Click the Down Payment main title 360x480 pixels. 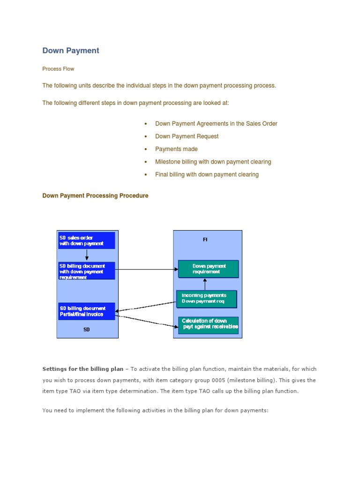click(71, 51)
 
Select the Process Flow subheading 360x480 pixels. click(58, 69)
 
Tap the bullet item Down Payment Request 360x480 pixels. click(187, 136)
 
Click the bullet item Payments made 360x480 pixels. click(176, 149)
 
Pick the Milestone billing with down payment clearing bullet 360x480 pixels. click(213, 162)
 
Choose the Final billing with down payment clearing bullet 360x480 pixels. click(207, 174)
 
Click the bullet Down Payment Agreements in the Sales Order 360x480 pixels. click(216, 124)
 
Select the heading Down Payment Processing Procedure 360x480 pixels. click(95, 196)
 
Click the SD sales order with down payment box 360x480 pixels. click(86, 240)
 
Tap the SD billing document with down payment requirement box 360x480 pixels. click(86, 271)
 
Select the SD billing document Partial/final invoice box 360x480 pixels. click(86, 311)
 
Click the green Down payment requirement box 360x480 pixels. click(209, 269)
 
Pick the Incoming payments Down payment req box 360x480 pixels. click(207, 299)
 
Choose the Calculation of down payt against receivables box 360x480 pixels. click(209, 324)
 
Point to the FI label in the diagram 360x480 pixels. click(205, 240)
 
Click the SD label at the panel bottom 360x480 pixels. click(87, 330)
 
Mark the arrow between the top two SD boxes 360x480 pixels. click(87, 255)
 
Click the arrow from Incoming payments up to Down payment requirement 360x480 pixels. click(205, 284)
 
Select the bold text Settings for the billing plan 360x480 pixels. click(82, 369)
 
